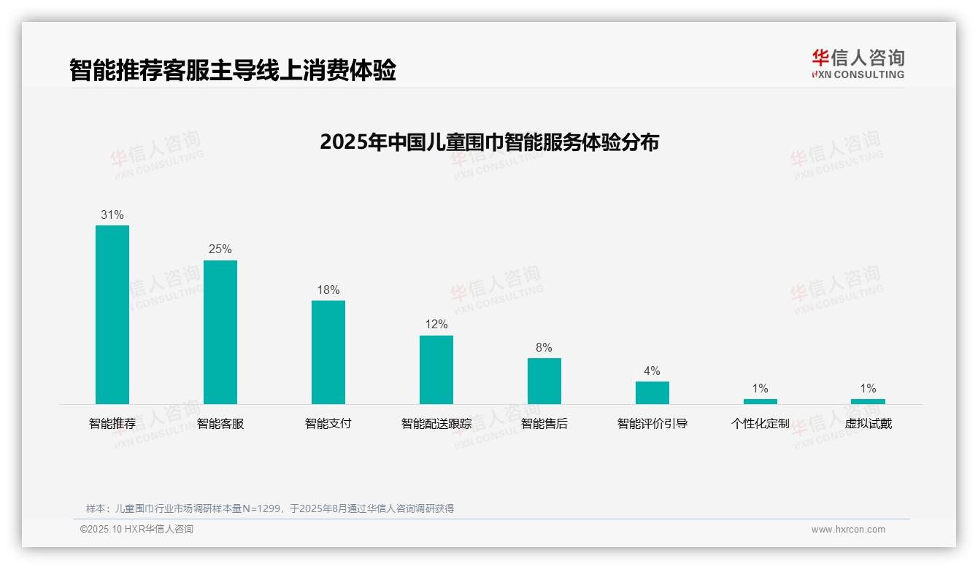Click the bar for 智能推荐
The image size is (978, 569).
[x=112, y=314]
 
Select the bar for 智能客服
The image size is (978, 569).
[x=220, y=332]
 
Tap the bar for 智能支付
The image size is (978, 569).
[x=328, y=352]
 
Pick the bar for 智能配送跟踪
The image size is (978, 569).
[x=436, y=370]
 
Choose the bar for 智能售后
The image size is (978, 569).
[x=544, y=381]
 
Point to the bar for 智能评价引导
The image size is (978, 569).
[x=652, y=392]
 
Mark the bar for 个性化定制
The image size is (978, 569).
[x=761, y=401]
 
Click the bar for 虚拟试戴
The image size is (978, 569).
[x=868, y=401]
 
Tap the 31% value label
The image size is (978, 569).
[x=112, y=215]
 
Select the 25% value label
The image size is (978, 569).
[x=220, y=249]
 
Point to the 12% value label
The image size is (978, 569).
[x=436, y=325]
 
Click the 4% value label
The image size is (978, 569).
[x=652, y=371]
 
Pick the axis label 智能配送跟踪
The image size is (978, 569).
[x=436, y=424]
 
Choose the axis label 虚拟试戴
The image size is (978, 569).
[x=868, y=424]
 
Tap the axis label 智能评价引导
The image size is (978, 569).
[x=652, y=424]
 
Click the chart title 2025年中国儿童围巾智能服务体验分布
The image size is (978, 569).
[x=489, y=142]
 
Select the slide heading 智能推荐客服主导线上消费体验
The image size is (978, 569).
[x=233, y=71]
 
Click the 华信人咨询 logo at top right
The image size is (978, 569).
[x=858, y=63]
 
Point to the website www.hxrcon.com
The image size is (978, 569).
[x=848, y=530]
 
